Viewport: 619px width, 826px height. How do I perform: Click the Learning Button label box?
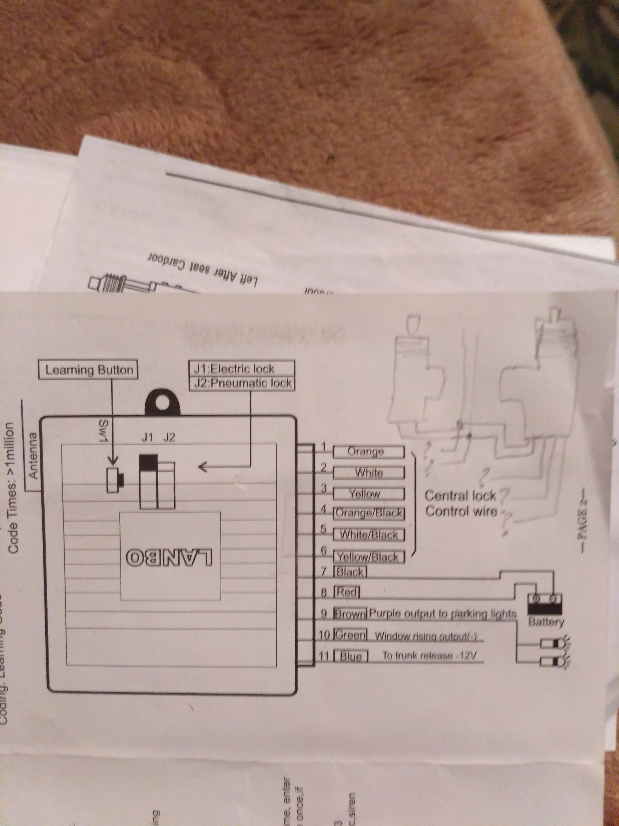pos(88,370)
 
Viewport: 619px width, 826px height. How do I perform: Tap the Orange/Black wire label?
pos(369,513)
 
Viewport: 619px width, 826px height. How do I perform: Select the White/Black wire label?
pos(369,535)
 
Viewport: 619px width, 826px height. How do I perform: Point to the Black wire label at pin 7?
pos(351,572)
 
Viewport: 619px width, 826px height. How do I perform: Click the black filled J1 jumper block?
pos(148,462)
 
